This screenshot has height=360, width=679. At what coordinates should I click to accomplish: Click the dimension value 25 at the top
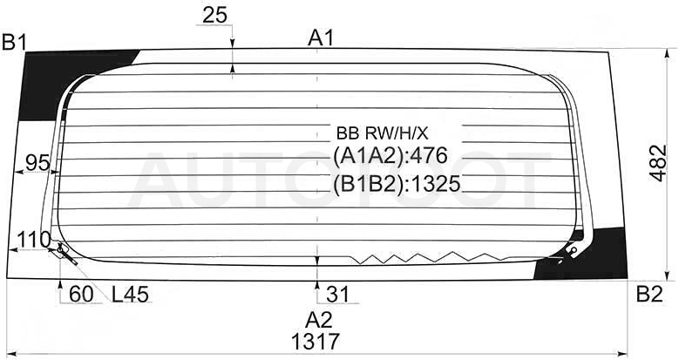click(214, 16)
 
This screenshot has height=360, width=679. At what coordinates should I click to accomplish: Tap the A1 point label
click(321, 38)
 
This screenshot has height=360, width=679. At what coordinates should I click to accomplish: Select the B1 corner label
click(15, 43)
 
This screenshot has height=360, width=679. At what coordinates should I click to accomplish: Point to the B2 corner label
click(649, 295)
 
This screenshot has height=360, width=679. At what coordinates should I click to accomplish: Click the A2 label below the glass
click(319, 321)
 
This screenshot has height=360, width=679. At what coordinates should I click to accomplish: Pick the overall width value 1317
click(316, 342)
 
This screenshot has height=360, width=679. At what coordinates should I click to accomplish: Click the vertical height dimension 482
click(659, 163)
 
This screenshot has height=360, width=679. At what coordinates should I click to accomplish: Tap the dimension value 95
click(37, 163)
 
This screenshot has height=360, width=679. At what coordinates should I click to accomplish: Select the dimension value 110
click(33, 239)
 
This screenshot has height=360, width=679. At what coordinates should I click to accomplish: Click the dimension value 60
click(81, 295)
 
